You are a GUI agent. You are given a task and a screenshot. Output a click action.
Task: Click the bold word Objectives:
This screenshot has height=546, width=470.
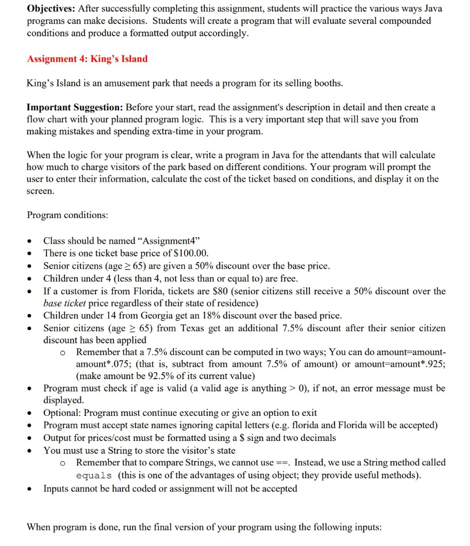(51, 9)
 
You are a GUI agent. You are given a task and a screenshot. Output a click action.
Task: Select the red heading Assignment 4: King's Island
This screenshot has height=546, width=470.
(87, 59)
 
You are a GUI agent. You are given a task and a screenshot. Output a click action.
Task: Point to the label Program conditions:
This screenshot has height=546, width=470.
(67, 215)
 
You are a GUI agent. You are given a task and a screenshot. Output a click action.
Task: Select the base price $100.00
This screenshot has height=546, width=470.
(190, 253)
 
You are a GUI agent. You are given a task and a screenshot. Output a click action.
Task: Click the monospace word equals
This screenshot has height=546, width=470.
(94, 476)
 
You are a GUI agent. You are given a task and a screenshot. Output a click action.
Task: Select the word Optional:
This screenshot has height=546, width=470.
(63, 413)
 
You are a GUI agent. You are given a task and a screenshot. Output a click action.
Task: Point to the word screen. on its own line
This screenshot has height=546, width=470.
(41, 190)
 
